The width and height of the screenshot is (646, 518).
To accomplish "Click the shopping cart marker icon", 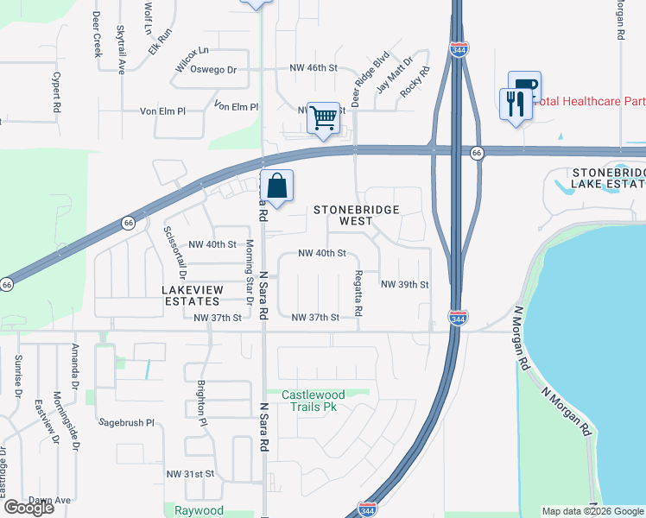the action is point(323,117).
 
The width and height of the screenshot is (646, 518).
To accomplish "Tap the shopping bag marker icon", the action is point(277,186).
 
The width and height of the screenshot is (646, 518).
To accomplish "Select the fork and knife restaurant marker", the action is point(516,104).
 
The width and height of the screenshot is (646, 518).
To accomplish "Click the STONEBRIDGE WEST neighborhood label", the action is point(357,215).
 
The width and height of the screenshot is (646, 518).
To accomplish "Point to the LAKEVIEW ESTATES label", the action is point(192,295).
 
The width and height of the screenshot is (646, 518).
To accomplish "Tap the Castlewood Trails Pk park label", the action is point(313,401).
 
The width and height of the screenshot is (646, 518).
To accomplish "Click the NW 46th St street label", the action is point(312,67).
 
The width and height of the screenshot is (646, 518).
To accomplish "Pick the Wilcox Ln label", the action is point(192,51).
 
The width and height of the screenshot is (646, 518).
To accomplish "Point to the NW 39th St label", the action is point(404,284).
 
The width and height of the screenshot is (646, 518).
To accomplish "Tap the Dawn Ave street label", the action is point(49,500).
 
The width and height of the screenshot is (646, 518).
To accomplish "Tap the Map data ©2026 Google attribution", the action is point(592,511).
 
